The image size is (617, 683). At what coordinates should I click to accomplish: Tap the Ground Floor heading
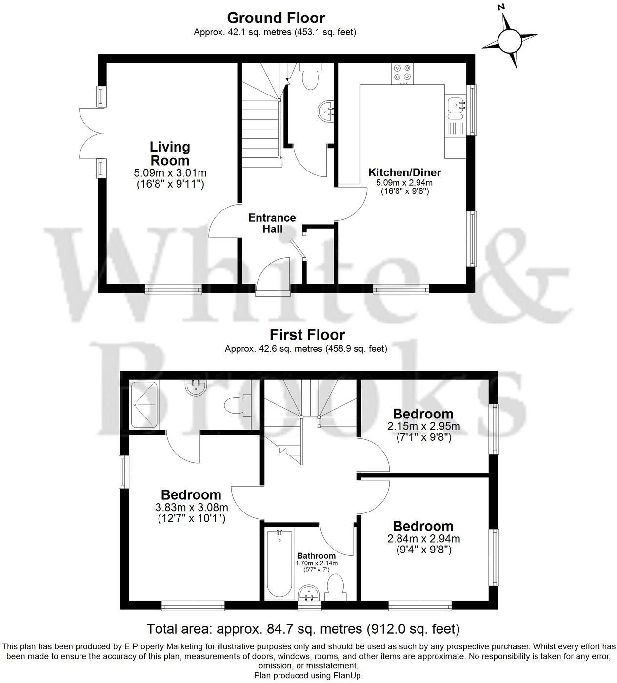276,18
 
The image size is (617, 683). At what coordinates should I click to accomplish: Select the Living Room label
169,153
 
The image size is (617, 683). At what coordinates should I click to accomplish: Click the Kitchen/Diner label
404,172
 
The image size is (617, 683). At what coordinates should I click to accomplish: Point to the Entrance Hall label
272,223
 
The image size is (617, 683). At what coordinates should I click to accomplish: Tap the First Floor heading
307,335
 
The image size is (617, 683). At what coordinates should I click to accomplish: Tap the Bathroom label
316,556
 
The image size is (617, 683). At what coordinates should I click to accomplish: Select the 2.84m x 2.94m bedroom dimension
423,539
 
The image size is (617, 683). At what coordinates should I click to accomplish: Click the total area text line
303,628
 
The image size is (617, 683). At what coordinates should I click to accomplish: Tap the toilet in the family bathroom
336,587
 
